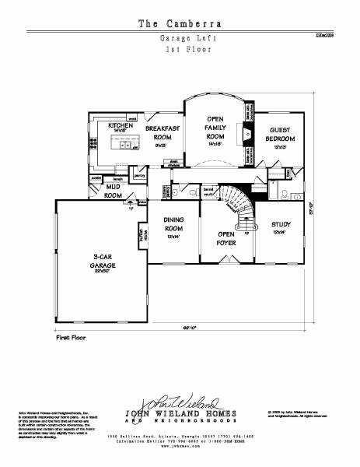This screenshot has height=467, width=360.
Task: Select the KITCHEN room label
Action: (x=120, y=128)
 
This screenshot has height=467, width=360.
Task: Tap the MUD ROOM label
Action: (x=114, y=191)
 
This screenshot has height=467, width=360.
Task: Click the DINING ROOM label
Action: (x=173, y=227)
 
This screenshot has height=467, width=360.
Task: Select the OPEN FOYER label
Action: (x=226, y=238)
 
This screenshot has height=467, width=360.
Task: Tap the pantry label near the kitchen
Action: (x=141, y=177)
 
